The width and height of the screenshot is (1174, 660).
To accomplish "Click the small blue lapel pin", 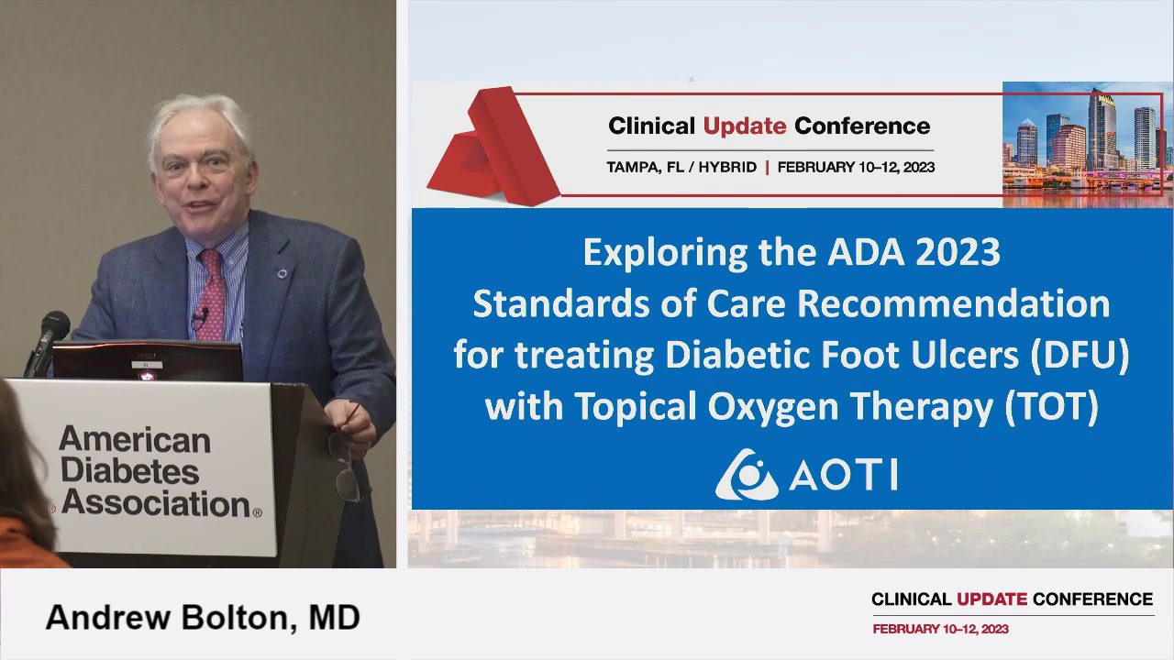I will coord(282,273).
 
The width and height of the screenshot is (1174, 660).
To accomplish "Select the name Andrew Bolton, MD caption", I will coord(203,617).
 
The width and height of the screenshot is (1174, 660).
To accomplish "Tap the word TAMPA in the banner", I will coord(634,168).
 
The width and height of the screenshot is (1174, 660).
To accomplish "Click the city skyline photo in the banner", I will coord(1087,142).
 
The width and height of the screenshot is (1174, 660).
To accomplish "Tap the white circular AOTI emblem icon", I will coord(745,474).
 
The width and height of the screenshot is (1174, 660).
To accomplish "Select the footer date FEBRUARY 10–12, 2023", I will coord(941,629).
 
